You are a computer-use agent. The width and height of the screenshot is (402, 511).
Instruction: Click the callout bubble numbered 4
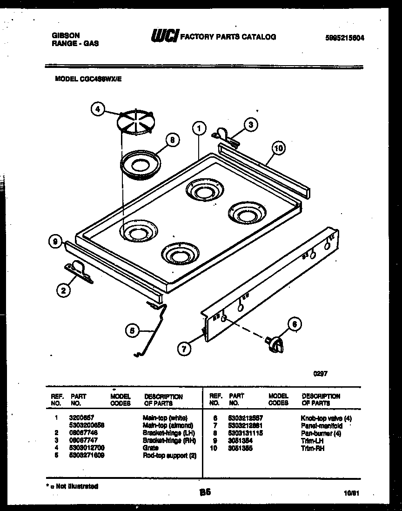[x=97, y=109]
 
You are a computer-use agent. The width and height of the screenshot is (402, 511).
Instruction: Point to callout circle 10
[x=278, y=148]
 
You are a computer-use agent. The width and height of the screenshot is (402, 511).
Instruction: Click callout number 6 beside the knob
[x=294, y=324]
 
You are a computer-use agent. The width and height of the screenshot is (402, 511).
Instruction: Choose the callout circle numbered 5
[x=132, y=330]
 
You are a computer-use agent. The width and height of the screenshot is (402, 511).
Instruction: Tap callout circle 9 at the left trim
[x=55, y=242]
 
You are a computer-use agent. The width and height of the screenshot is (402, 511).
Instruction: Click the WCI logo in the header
[x=164, y=36]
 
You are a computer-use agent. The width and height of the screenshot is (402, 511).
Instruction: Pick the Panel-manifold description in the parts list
[x=322, y=426]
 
